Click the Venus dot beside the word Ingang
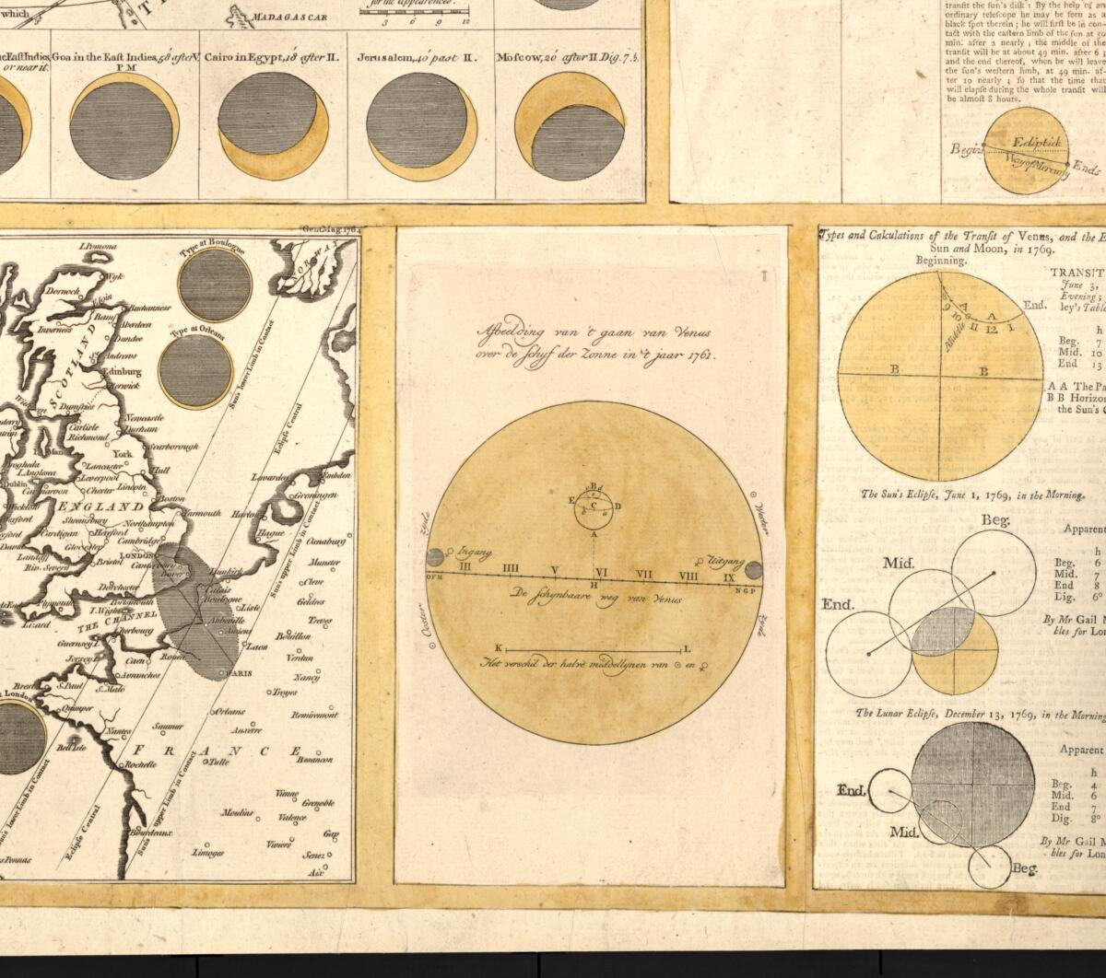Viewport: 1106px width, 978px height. [x=435, y=557]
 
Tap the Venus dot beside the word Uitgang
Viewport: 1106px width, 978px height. [x=753, y=568]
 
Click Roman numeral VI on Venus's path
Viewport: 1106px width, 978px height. [x=600, y=572]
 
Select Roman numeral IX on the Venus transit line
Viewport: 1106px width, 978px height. [x=728, y=577]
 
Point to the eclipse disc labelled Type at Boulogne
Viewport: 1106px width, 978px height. [x=215, y=285]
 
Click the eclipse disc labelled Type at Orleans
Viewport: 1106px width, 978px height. [x=195, y=370]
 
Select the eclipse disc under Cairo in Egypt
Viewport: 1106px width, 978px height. [x=273, y=126]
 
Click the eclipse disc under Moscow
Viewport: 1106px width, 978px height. [x=571, y=125]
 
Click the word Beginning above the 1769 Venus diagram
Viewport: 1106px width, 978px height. [x=940, y=261]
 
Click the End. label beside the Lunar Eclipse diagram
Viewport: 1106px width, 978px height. [x=852, y=790]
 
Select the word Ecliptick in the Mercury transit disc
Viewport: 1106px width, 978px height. [x=1037, y=144]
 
